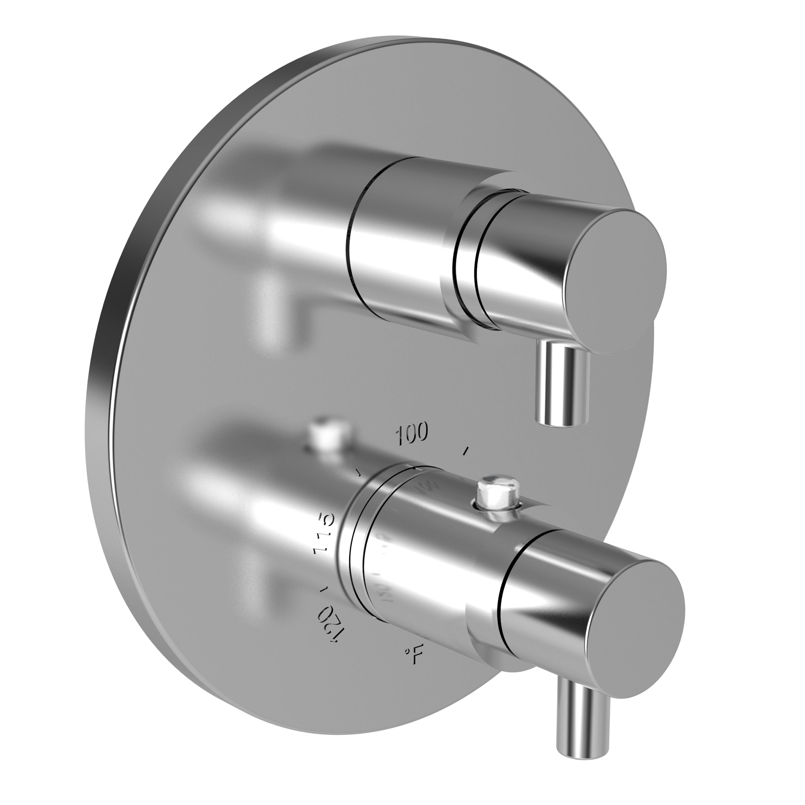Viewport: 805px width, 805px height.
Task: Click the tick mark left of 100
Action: coord(357,472)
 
